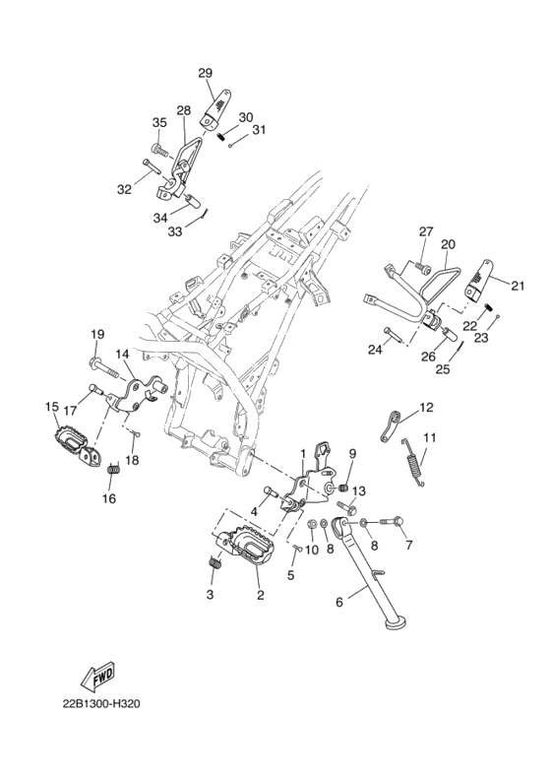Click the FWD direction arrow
pos(97,676)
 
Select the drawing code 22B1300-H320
pos(100,704)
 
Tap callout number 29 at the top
pos(205,73)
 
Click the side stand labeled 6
pos(374,572)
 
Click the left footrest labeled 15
pos(76,442)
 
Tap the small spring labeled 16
pos(114,469)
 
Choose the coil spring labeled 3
pos(214,561)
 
